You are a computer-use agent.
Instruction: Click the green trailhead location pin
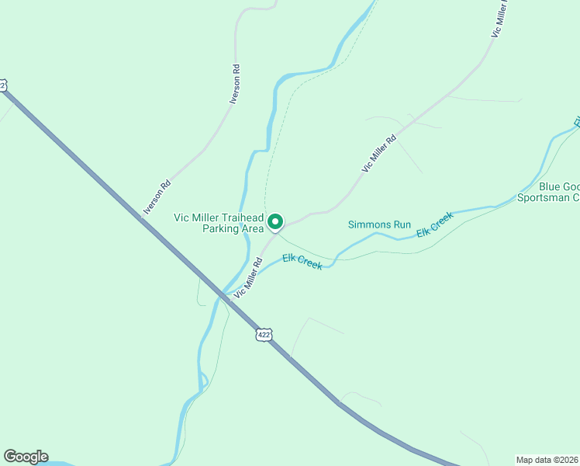(x=274, y=222)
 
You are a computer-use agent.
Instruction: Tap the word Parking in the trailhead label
(x=222, y=229)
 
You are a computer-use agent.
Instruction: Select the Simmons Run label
(x=379, y=224)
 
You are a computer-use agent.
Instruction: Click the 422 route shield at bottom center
(x=264, y=335)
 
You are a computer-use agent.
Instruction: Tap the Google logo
(x=26, y=457)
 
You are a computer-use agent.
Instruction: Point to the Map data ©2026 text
(x=547, y=459)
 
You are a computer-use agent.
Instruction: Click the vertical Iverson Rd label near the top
(x=236, y=85)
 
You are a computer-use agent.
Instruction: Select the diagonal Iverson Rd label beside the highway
(x=157, y=198)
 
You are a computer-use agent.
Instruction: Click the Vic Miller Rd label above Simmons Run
(x=379, y=153)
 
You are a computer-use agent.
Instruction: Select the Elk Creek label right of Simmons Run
(x=434, y=226)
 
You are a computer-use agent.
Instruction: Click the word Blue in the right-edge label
(x=550, y=186)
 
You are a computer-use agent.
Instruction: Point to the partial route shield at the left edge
(x=3, y=84)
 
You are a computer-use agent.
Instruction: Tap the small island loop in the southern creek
(x=202, y=380)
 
